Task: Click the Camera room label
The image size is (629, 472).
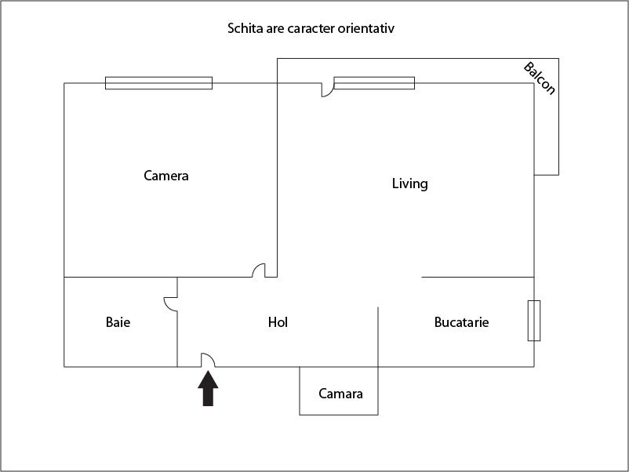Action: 166,176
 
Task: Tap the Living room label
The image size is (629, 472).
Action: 409,183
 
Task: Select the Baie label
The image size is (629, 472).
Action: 118,322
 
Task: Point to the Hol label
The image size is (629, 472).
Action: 278,322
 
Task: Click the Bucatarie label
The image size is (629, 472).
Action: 461,322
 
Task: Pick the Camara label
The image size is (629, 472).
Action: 340,394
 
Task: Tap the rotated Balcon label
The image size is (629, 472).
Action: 540,78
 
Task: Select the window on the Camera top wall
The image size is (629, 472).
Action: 158,83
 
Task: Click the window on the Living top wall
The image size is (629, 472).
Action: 374,83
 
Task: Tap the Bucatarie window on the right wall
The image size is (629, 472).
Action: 534,320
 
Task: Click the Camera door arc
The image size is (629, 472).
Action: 258,270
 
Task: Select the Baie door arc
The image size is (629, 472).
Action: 169,303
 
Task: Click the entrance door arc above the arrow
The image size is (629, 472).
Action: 209,360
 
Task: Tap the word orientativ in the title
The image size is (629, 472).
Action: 371,29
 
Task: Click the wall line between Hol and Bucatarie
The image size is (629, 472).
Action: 378,337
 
